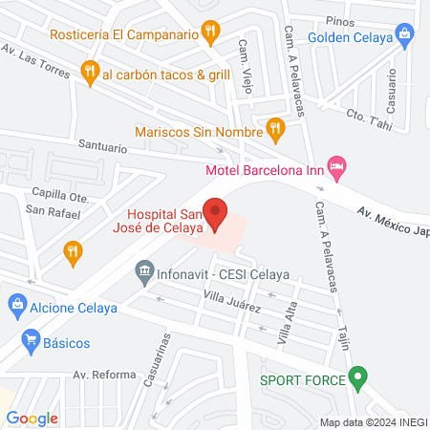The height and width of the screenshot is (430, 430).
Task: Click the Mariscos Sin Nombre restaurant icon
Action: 275,126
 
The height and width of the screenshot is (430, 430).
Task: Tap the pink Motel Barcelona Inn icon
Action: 335,166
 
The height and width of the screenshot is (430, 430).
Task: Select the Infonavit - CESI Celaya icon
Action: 144,270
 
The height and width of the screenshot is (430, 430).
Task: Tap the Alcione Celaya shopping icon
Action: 16,307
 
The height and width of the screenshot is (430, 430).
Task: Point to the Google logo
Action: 32,418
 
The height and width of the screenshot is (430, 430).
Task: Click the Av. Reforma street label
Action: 105,374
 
